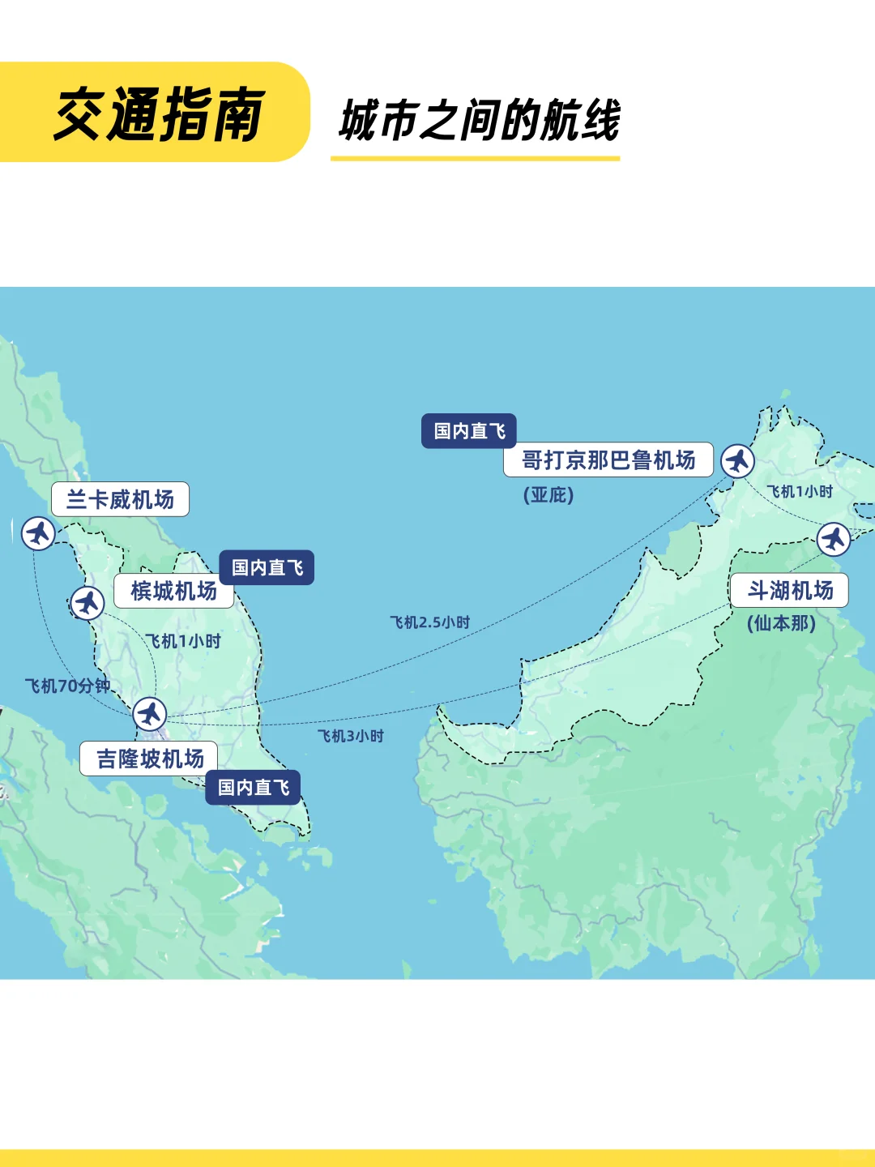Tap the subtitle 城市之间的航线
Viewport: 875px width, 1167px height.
[x=479, y=121]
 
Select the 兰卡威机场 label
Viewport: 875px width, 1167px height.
[x=120, y=499]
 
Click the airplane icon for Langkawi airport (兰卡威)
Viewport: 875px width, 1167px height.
[x=38, y=533]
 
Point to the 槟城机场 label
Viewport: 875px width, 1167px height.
[x=173, y=592]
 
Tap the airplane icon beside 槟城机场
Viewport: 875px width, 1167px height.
[x=87, y=603]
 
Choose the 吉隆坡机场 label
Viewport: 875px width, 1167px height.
[x=149, y=759]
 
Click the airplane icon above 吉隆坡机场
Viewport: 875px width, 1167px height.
[x=149, y=714]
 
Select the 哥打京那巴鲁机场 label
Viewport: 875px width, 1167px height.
[x=608, y=460]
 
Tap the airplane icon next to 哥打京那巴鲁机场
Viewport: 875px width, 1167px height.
[x=737, y=461]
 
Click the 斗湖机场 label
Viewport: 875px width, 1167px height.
[x=789, y=590]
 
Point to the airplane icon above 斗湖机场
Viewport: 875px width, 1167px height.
[x=833, y=539]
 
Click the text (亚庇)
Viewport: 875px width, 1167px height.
[x=548, y=495]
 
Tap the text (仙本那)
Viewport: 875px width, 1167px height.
[x=781, y=623]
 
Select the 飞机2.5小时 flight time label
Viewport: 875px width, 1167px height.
[x=429, y=622]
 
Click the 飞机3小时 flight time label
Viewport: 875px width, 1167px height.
[x=350, y=736]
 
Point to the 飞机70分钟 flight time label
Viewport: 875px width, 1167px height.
[x=67, y=686]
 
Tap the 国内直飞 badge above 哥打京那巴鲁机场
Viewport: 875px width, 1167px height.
[x=468, y=431]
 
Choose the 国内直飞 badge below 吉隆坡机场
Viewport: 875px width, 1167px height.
[x=253, y=787]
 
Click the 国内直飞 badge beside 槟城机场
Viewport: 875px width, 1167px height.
[x=267, y=567]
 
